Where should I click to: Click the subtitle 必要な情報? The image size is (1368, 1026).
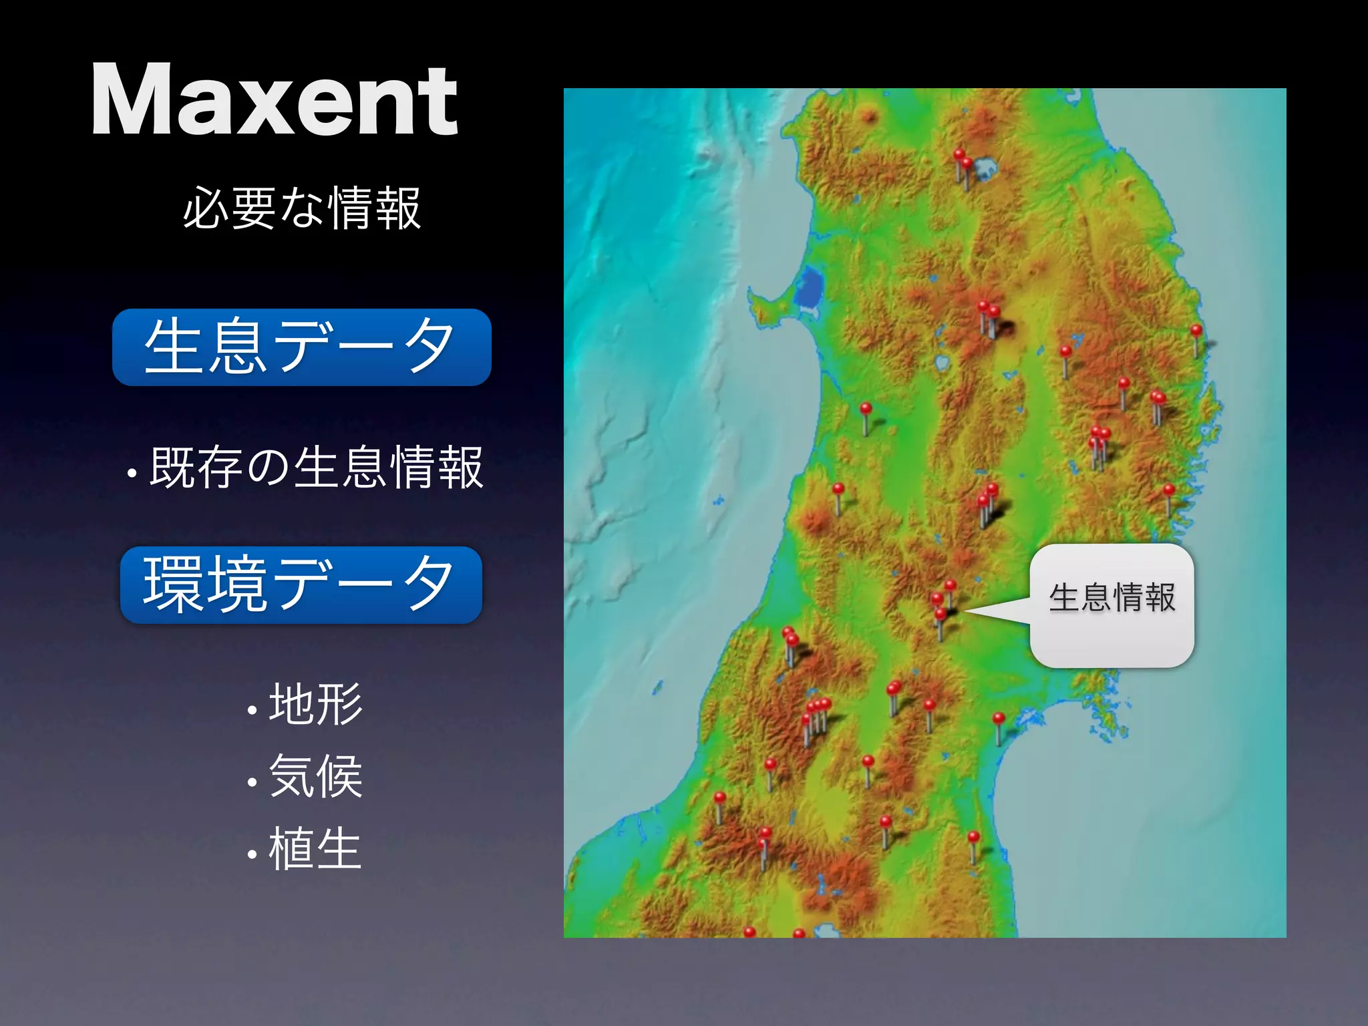click(302, 208)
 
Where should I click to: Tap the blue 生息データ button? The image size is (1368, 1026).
click(302, 347)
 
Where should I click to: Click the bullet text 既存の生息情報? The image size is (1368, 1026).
click(315, 468)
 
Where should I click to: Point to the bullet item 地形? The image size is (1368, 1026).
click(315, 704)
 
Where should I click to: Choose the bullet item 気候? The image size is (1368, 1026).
click(315, 776)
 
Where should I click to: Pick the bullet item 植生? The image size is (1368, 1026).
click(315, 848)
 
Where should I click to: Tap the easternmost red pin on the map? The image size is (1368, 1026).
click(1196, 331)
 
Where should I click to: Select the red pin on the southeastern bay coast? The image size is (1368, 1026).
click(999, 719)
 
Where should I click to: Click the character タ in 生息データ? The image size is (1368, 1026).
click(430, 347)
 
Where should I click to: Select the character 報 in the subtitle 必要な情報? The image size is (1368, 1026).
click(399, 208)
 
